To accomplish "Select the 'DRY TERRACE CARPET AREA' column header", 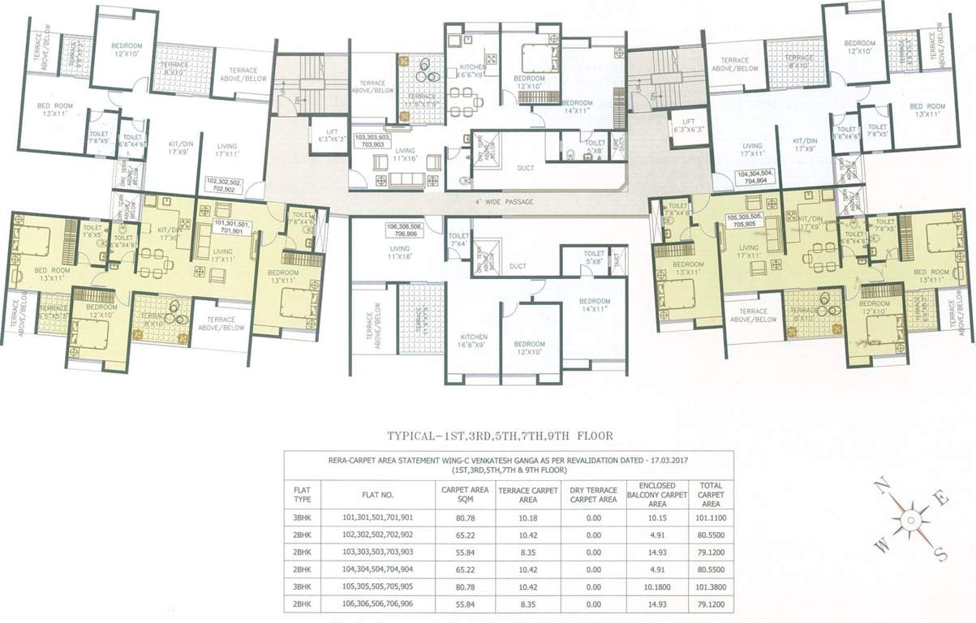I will tap(592, 494).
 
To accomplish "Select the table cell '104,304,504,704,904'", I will tap(378, 569).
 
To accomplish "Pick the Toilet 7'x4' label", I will tap(458, 239).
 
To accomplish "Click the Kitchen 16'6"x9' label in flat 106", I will tap(473, 342).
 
